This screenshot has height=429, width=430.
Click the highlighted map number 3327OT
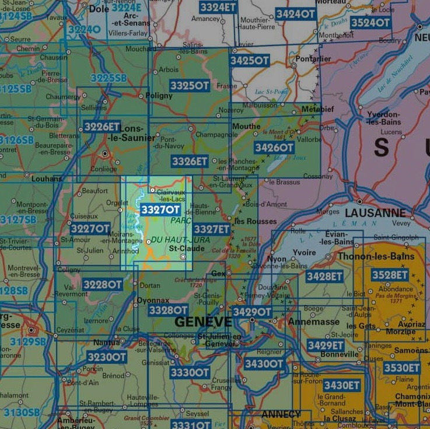pos(160,210)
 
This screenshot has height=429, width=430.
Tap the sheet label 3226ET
pos(102,126)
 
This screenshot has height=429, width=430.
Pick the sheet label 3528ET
pos(390,275)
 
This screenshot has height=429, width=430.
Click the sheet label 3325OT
pos(190,86)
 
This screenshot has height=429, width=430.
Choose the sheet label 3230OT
pos(106,357)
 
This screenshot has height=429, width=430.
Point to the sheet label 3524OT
pos(370,23)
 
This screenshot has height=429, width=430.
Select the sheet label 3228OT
pos(102,284)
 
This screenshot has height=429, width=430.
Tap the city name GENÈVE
pos(203,322)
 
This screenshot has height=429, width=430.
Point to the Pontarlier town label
pos(313,59)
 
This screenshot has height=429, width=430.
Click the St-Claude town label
pos(186,248)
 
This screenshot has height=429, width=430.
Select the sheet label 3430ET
pos(341,385)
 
